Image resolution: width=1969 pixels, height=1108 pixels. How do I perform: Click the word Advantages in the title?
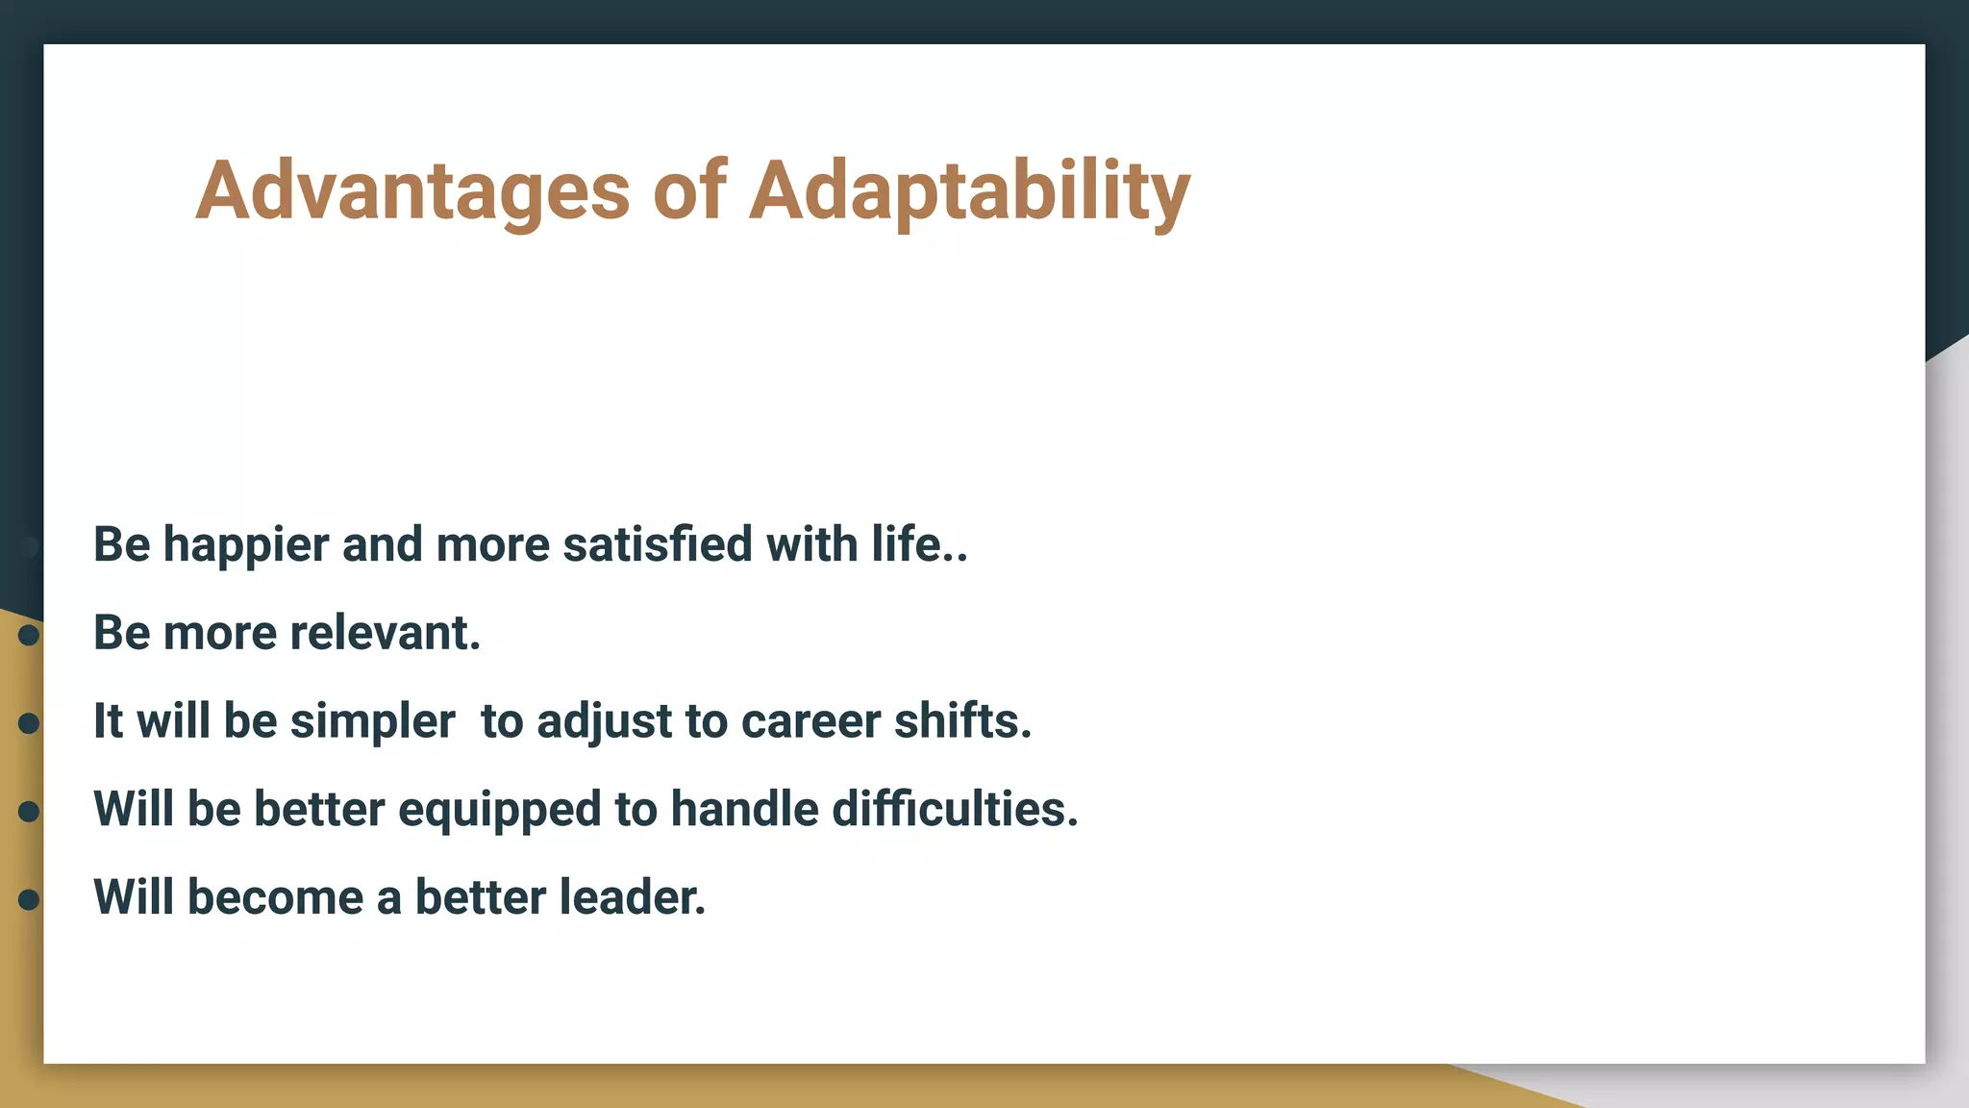pyautogui.click(x=412, y=191)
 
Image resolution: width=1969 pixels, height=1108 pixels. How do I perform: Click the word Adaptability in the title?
pyautogui.click(x=969, y=191)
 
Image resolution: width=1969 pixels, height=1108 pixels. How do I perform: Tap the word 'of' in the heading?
pyautogui.click(x=688, y=189)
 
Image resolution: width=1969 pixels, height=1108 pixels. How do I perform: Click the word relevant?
pyautogui.click(x=385, y=633)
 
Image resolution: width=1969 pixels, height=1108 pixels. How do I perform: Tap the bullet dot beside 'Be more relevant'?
pyautogui.click(x=29, y=635)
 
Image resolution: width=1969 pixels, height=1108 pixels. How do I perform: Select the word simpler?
pyautogui.click(x=372, y=721)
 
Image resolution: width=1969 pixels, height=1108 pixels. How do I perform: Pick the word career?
pyautogui.click(x=810, y=721)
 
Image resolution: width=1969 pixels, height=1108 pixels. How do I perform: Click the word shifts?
pyautogui.click(x=962, y=721)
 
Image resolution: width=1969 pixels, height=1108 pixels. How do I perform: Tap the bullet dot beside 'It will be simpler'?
pyautogui.click(x=29, y=723)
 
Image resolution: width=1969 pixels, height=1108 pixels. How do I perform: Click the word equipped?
pyautogui.click(x=499, y=810)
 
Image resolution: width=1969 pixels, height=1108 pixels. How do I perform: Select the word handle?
pyautogui.click(x=744, y=809)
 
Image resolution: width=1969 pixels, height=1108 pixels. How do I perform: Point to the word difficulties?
pyautogui.click(x=955, y=809)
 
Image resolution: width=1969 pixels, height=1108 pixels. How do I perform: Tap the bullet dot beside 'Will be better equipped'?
pyautogui.click(x=29, y=812)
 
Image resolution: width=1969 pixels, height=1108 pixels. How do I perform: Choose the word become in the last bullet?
pyautogui.click(x=275, y=897)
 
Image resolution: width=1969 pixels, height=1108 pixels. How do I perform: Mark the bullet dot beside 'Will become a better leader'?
pyautogui.click(x=29, y=899)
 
